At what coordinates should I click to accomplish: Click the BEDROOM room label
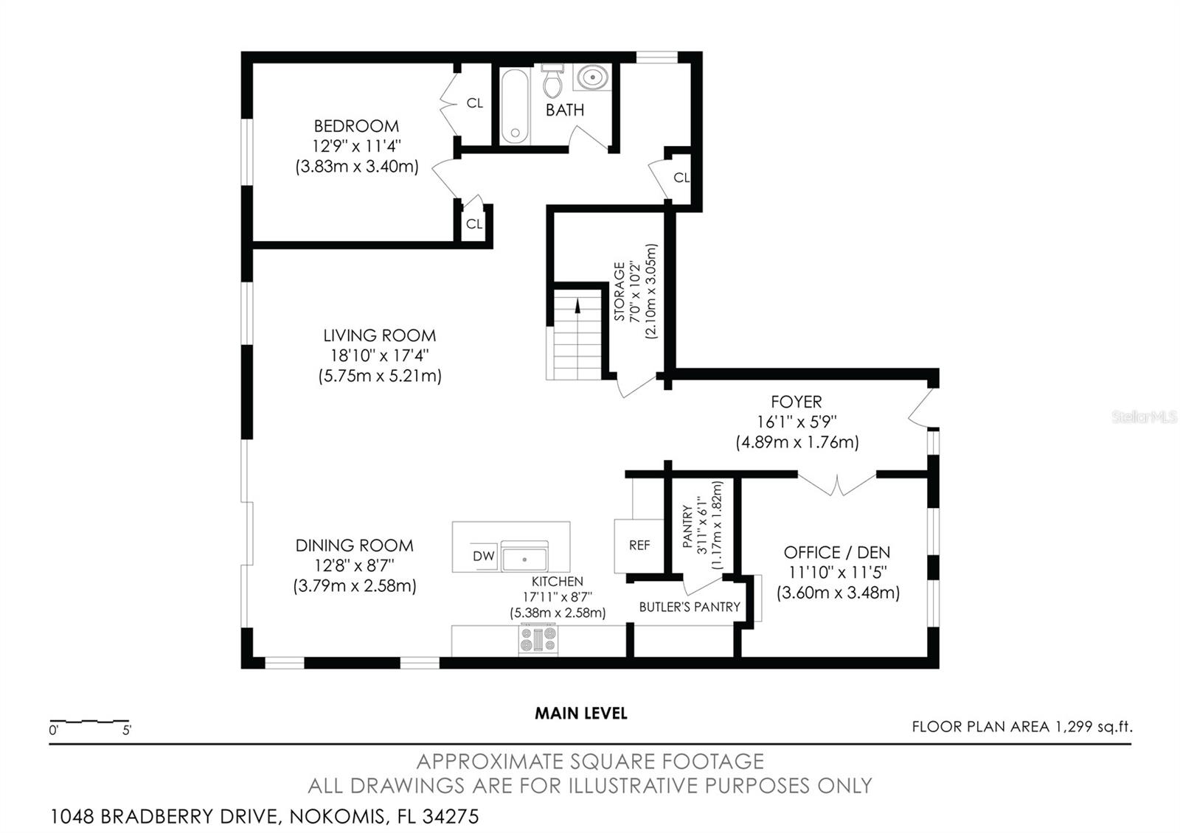356,126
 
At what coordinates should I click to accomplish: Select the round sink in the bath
593,77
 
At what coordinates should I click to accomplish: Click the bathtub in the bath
515,106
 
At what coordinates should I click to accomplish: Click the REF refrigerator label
639,546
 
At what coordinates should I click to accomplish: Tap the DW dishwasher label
484,556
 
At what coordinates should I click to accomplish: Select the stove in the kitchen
538,639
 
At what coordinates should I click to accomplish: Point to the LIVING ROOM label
379,335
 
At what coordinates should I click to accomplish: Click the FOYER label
796,402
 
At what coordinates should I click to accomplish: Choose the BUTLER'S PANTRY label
690,607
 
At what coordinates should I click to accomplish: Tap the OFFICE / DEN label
836,552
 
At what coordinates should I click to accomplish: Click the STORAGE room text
619,292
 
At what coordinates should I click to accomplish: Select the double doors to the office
836,484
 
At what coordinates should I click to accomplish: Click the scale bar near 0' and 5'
89,721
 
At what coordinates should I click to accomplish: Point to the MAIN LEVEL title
581,714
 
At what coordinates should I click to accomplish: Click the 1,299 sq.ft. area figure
1094,727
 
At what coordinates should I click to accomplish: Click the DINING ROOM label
354,546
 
